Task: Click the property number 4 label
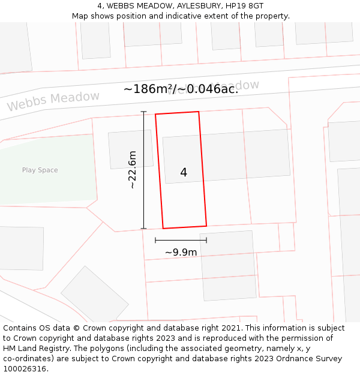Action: pos(184,173)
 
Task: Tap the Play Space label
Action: pos(40,170)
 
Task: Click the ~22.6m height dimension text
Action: pos(133,170)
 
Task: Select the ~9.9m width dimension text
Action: pos(181,253)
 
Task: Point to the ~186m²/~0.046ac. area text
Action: pos(181,89)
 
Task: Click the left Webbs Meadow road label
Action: pos(53,101)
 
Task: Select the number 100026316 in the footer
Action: pos(25,369)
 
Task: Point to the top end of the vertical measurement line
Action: pos(143,112)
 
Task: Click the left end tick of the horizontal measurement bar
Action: pos(155,240)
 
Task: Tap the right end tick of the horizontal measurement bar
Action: pos(206,240)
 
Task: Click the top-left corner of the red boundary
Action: pos(155,114)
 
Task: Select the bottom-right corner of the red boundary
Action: pos(206,226)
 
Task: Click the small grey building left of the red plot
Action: pos(130,149)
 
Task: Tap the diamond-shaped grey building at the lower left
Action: pos(94,296)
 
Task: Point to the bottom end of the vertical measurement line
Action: pos(143,229)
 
